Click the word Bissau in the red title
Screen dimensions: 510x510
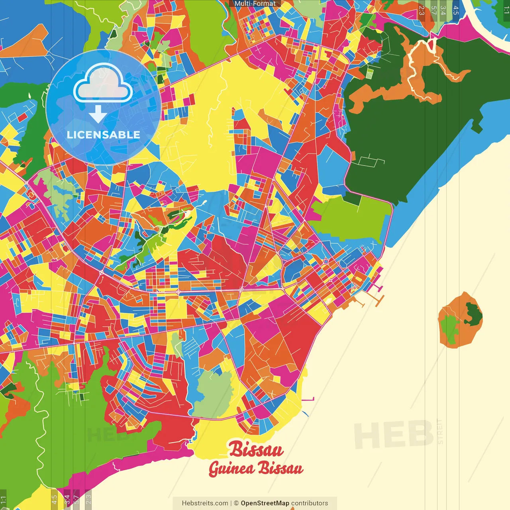click(256, 449)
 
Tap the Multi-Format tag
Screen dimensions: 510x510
click(255, 4)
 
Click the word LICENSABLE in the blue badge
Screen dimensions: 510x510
click(104, 135)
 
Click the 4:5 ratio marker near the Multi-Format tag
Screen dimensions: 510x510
click(455, 10)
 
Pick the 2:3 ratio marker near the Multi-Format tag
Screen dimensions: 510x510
click(422, 10)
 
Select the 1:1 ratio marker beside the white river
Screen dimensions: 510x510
click(506, 10)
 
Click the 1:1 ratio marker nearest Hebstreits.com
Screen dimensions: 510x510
click(3, 500)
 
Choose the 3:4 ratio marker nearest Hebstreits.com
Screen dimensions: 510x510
click(67, 499)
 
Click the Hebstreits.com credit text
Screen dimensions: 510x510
click(205, 503)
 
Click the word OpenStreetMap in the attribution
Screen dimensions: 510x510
click(265, 503)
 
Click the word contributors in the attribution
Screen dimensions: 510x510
click(310, 503)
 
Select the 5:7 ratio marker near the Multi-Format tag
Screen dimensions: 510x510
click(433, 10)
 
